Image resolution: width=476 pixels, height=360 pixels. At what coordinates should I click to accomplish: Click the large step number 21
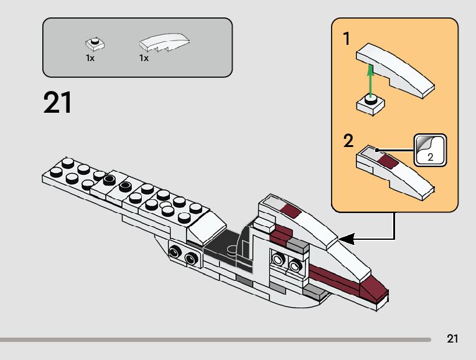58,103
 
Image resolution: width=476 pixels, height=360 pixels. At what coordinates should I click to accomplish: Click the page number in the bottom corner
452,339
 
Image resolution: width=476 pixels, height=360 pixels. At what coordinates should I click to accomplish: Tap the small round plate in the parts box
95,43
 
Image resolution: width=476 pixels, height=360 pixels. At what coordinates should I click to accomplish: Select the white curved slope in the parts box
164,42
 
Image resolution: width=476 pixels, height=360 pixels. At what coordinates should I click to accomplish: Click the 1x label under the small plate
90,58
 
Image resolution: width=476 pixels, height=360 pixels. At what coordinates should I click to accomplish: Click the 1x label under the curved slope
144,58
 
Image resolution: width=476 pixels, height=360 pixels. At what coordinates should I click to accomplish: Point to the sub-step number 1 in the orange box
347,39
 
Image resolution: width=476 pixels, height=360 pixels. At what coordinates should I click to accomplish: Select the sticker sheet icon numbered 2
430,150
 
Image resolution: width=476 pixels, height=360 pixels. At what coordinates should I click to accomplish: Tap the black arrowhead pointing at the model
346,238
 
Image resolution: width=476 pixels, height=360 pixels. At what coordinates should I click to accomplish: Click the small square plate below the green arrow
371,103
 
